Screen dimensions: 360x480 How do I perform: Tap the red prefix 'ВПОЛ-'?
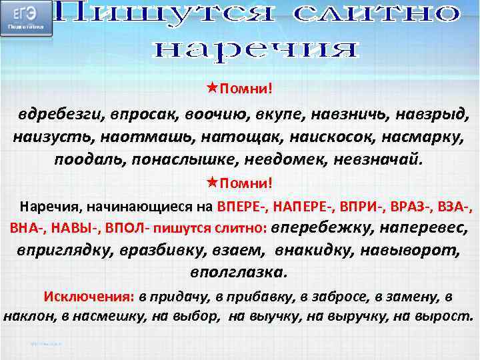126,228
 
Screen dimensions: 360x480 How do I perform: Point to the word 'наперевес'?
423,227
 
